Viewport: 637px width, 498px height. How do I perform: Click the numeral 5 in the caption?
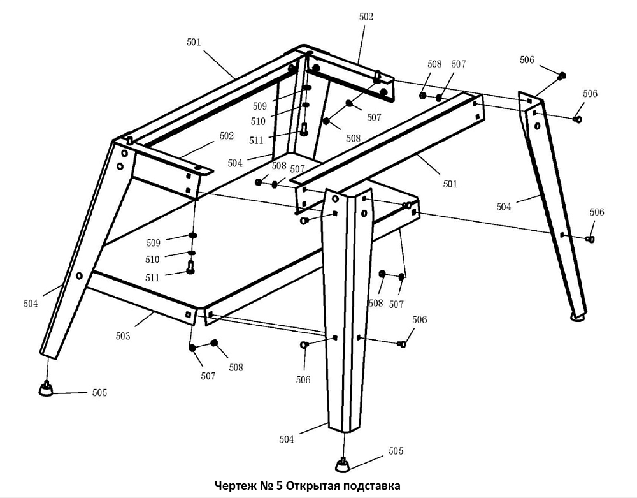280,487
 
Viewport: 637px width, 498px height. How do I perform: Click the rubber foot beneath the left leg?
45,388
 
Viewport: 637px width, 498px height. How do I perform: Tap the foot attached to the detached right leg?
578,316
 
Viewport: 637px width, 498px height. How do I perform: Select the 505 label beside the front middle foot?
396,451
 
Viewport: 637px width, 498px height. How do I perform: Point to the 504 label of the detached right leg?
504,206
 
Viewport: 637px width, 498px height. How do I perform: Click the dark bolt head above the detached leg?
561,77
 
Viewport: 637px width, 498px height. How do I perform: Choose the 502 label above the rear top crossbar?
366,18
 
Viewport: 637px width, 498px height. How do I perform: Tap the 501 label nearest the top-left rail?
194,43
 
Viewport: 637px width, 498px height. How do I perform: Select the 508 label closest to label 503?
236,367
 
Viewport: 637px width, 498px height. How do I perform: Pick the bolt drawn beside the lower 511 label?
189,269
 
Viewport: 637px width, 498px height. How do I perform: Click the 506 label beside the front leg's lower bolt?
303,380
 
